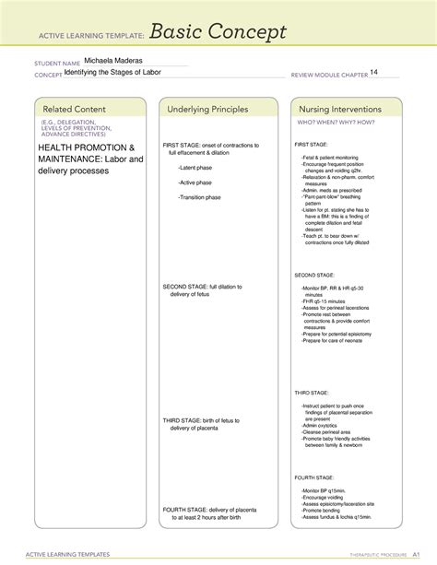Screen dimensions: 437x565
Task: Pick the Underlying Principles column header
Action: pyautogui.click(x=207, y=110)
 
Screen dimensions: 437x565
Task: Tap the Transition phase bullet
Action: pyautogui.click(x=202, y=197)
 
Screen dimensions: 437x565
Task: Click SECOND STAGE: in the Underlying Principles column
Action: pyautogui.click(x=185, y=287)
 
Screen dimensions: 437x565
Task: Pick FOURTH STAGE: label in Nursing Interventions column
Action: pyautogui.click(x=313, y=478)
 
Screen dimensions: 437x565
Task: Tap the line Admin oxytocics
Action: pyautogui.click(x=321, y=425)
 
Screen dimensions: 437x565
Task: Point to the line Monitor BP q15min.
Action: pyautogui.click(x=324, y=491)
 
